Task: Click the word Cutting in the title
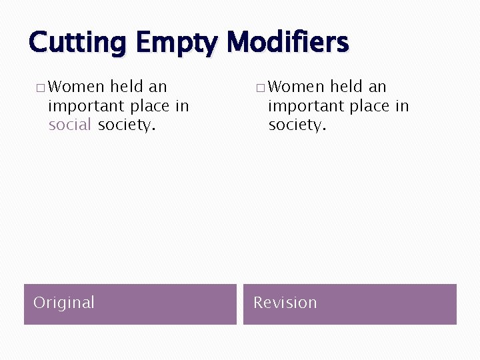[x=77, y=43]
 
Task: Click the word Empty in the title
[x=176, y=43]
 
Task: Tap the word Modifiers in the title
[x=287, y=43]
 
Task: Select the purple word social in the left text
[x=70, y=125]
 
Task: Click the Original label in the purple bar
[x=64, y=303]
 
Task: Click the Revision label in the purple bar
[x=285, y=303]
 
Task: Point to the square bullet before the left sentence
[x=41, y=87]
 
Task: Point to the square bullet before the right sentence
[x=260, y=87]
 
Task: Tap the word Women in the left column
[x=77, y=87]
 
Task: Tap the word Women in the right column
[x=296, y=87]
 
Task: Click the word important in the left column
[x=85, y=106]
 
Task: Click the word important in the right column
[x=305, y=106]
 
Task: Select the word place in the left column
[x=149, y=106]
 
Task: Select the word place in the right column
[x=369, y=106]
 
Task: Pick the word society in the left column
[x=126, y=125]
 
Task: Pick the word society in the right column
[x=297, y=125]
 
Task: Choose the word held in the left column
[x=127, y=87]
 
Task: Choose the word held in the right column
[x=347, y=87]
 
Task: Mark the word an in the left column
[x=158, y=87]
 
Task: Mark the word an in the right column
[x=377, y=87]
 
